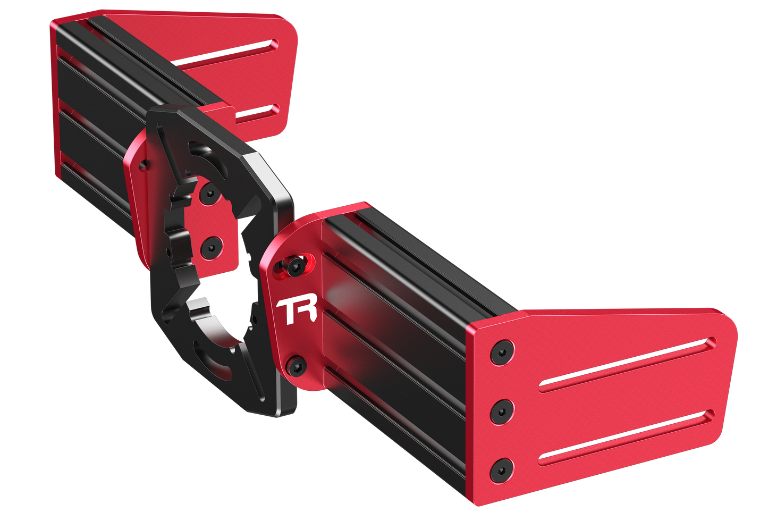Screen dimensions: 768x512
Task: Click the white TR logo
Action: pos(297,311)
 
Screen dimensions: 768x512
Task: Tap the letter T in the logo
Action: pos(286,312)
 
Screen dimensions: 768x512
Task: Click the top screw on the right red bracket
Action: pos(502,352)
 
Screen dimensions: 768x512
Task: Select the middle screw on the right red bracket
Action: pos(502,412)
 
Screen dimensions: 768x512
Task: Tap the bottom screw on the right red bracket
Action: pos(502,471)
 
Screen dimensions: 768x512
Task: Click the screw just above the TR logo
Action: pos(296,267)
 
